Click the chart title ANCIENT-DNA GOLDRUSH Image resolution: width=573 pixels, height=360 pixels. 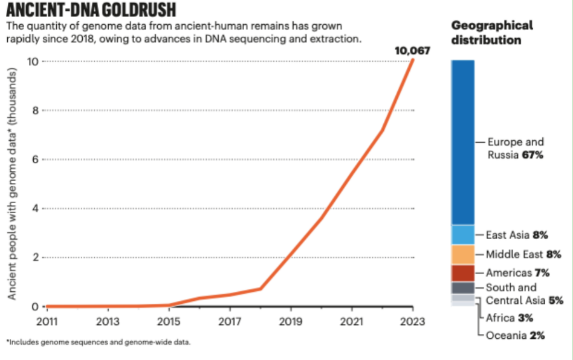[91, 10]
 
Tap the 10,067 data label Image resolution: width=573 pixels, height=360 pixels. [412, 51]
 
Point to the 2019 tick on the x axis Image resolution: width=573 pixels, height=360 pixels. [291, 320]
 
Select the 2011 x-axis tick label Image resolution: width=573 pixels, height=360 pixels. [47, 320]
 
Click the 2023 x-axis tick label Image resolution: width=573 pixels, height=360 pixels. [413, 320]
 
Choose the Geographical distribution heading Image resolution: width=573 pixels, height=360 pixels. [492, 33]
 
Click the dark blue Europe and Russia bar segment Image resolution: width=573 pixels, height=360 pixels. [462, 142]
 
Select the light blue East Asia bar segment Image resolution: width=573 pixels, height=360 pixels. [462, 234]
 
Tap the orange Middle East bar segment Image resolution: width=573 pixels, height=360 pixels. [462, 254]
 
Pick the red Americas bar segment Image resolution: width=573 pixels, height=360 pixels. [462, 273]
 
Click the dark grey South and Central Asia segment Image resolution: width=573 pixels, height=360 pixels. [462, 288]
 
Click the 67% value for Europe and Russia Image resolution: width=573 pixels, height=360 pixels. [533, 155]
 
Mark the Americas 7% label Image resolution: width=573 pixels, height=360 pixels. [517, 273]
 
